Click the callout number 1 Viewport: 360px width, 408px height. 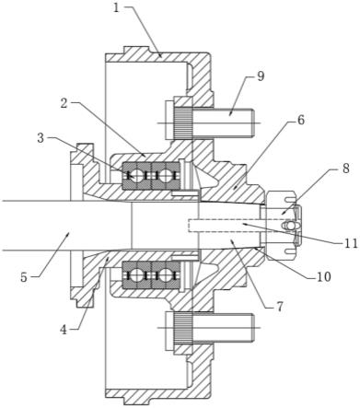click(x=116, y=7)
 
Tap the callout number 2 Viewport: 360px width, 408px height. click(x=64, y=103)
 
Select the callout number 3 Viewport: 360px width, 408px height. click(x=41, y=138)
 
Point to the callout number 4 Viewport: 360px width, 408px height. click(x=64, y=330)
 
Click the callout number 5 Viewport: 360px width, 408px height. click(x=24, y=277)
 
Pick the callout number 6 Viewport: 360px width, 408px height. click(x=301, y=120)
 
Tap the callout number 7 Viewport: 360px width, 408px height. click(x=279, y=307)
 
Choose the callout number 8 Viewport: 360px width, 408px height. click(x=346, y=169)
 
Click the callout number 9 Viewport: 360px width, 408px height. click(x=261, y=76)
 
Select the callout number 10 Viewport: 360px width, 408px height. click(x=324, y=277)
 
